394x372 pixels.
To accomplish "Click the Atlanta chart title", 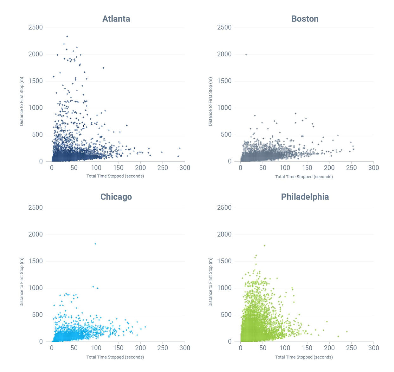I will (x=116, y=19).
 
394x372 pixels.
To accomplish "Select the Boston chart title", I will (x=305, y=19).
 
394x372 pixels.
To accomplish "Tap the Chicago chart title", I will (x=116, y=197).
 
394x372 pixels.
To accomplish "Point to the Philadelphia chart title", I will (x=305, y=197).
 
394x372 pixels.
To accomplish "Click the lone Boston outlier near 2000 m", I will (x=246, y=55).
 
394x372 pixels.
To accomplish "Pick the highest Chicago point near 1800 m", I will (x=95, y=244).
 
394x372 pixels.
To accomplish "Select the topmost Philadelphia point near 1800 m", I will (x=264, y=245).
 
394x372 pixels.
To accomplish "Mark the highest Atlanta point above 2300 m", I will (x=67, y=36).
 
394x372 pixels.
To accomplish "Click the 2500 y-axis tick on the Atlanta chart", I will (x=35, y=28).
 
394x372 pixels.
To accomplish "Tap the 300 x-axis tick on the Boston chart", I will (x=373, y=168).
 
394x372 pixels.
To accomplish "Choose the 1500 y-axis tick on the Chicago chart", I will (x=35, y=261).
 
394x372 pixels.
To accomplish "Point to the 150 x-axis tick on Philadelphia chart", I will (x=307, y=348).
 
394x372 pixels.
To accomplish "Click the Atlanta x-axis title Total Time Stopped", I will (x=115, y=176).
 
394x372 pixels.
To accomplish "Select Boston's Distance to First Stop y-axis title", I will (x=210, y=101).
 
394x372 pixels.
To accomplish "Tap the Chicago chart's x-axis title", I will (x=115, y=357).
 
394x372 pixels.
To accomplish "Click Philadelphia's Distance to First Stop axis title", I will (x=210, y=282).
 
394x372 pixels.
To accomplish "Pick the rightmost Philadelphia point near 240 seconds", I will (x=347, y=332).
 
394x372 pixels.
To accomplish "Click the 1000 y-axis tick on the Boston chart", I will (x=224, y=108).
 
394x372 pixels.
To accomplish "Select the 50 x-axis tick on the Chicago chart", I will (x=74, y=348).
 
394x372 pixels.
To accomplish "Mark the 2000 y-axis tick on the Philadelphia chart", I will (x=224, y=234).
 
